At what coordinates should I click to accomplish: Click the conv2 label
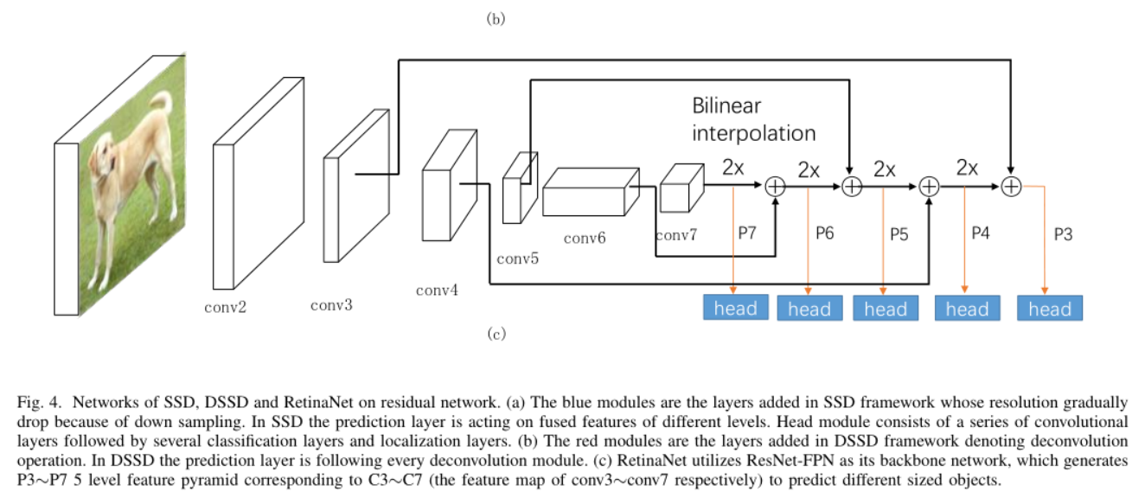pos(225,306)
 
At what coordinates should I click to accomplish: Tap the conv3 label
pos(331,304)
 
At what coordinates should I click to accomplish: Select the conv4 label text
pos(437,290)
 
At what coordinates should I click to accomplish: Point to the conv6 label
pos(585,238)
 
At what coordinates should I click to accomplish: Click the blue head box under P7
pos(735,308)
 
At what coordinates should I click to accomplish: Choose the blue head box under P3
pos(1049,309)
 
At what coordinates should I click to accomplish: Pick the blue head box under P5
pos(886,309)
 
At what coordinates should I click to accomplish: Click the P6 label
pos(824,233)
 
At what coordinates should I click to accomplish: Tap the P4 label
pos(979,233)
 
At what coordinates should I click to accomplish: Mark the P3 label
pos(1063,233)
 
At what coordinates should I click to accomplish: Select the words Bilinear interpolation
pos(753,119)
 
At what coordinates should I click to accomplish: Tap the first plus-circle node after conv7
pos(775,185)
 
